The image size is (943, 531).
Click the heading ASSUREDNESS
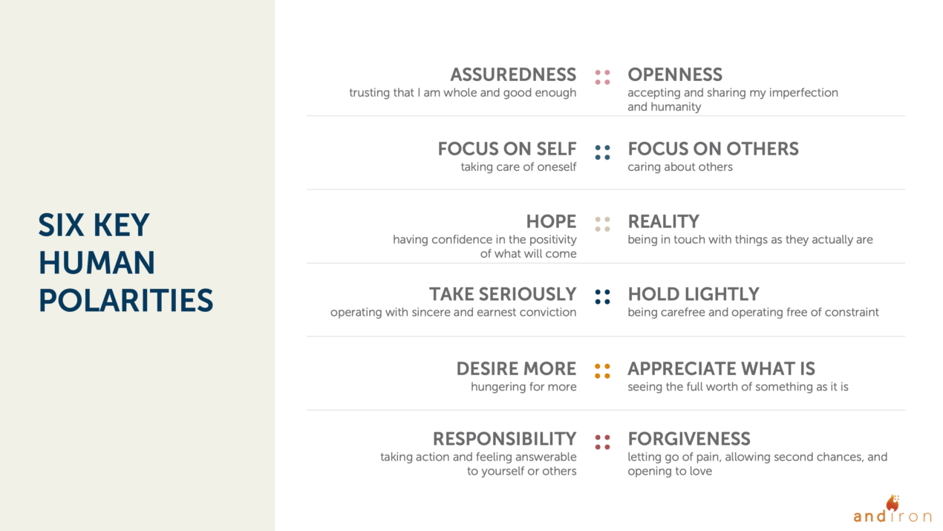[x=512, y=75]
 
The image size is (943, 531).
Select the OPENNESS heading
[x=674, y=75]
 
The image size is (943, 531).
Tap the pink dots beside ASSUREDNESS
[x=602, y=77]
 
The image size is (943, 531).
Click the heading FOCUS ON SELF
[x=506, y=149]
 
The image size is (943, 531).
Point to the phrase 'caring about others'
[x=679, y=167]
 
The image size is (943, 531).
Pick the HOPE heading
[x=551, y=221]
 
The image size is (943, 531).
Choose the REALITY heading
[x=663, y=221]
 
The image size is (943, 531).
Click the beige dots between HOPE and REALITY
[x=602, y=224]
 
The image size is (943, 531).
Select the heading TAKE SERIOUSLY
[x=502, y=294]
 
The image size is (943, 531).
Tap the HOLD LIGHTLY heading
[x=693, y=294]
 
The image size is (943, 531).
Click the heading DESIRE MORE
[x=516, y=368]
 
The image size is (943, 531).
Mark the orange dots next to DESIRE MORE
[x=602, y=371]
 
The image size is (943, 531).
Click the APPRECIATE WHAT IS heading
[x=721, y=368]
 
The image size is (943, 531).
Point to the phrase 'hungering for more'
[x=523, y=387]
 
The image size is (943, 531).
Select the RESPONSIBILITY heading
[x=504, y=439]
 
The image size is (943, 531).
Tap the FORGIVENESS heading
[x=688, y=439]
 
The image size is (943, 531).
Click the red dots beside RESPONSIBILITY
[x=602, y=442]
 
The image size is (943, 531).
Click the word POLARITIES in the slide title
[x=125, y=301]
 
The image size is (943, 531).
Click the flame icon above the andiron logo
[x=893, y=502]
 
